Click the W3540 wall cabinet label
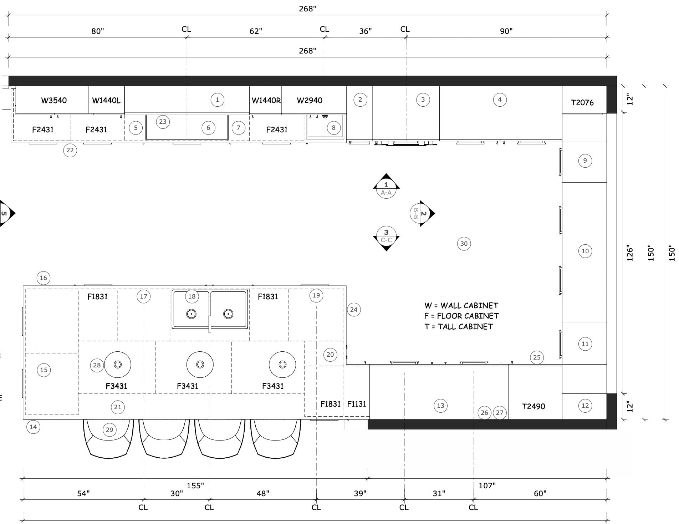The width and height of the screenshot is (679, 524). click(x=54, y=100)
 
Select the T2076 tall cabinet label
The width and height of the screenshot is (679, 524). click(x=582, y=103)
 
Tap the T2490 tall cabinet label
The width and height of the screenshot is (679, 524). click(x=533, y=406)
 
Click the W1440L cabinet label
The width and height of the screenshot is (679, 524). click(x=106, y=101)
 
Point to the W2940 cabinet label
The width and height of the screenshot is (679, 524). click(x=310, y=101)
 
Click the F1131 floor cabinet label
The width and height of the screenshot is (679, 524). click(x=357, y=404)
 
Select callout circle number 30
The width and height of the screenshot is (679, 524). click(x=464, y=244)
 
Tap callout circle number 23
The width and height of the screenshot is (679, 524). click(x=163, y=122)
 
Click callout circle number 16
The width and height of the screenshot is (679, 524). click(x=44, y=278)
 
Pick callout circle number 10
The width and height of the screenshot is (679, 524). click(x=585, y=251)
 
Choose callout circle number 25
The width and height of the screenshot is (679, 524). click(x=537, y=357)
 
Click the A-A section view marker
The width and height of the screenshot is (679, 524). click(x=386, y=186)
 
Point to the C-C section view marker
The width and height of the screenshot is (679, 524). click(x=386, y=239)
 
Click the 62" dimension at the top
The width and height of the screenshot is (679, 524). click(x=256, y=31)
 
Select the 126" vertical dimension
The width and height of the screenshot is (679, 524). click(x=630, y=254)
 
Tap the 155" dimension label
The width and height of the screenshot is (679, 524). click(x=195, y=485)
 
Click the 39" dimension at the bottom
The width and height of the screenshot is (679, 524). click(x=360, y=493)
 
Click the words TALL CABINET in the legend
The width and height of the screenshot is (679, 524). click(x=465, y=327)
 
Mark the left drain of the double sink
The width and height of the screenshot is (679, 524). click(x=192, y=314)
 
